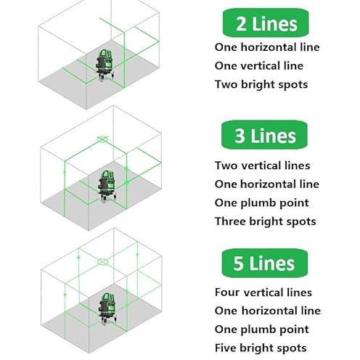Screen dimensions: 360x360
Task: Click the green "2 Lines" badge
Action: (266, 23)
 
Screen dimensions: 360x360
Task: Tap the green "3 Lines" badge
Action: (264, 135)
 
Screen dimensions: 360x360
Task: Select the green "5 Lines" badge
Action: (264, 263)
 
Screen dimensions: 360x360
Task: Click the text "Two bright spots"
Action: (261, 85)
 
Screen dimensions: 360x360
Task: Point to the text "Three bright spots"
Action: (266, 221)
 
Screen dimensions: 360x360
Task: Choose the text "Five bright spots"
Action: (261, 348)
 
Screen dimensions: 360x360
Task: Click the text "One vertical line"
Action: (259, 66)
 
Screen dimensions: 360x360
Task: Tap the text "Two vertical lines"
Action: (263, 165)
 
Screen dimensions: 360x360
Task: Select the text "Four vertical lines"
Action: (263, 292)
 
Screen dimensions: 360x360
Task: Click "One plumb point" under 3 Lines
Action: (262, 203)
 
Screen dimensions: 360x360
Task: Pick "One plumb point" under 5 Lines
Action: (262, 330)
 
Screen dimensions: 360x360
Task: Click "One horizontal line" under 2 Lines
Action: (267, 47)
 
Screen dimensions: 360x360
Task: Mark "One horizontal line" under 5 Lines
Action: (268, 311)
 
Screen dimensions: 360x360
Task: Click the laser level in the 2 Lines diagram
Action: (105, 65)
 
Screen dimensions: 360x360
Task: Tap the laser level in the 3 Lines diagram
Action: (107, 186)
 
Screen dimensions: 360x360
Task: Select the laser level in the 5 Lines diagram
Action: (107, 308)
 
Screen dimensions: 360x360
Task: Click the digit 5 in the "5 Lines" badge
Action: (238, 263)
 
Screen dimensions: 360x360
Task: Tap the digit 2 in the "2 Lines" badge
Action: (241, 24)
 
